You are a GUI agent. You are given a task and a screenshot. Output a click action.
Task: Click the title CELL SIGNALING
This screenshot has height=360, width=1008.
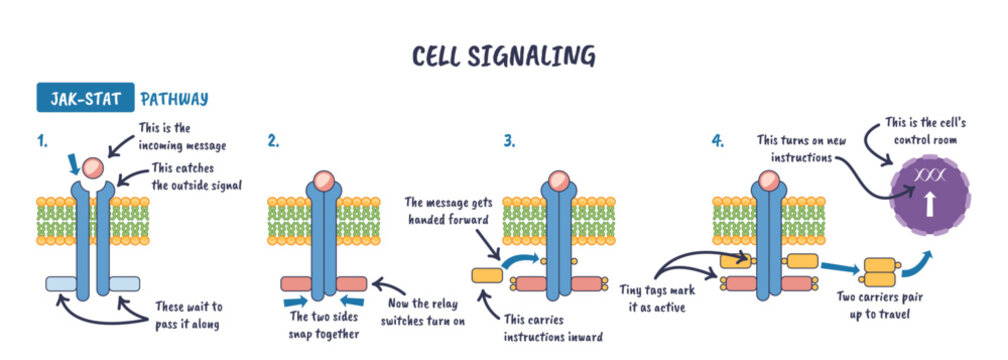coord(503,55)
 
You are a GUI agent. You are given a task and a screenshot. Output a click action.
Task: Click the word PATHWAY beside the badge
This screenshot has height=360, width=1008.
coord(174,99)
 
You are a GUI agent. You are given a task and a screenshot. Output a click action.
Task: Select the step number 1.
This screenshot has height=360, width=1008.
coord(42,141)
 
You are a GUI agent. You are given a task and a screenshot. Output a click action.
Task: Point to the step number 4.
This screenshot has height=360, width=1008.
coord(717,141)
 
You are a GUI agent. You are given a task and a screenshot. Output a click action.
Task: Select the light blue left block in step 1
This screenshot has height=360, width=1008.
coord(64,284)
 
